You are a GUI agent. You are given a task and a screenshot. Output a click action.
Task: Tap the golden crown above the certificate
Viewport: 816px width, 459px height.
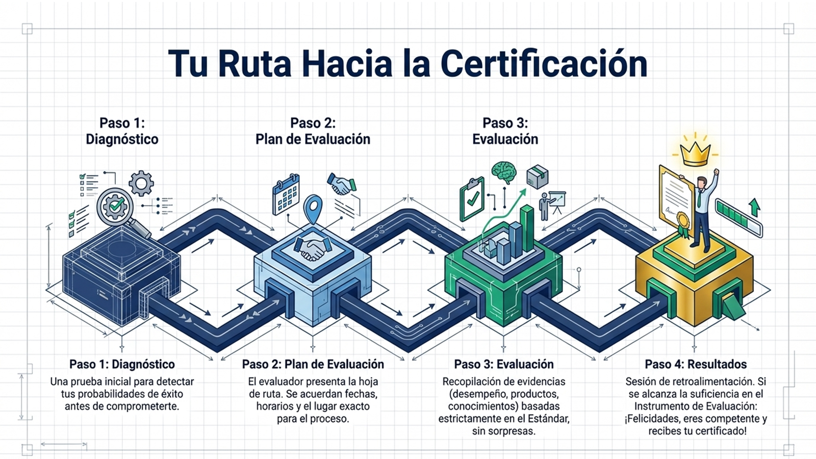[x=695, y=151]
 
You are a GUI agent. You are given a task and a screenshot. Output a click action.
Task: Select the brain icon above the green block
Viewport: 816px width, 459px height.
[x=504, y=172]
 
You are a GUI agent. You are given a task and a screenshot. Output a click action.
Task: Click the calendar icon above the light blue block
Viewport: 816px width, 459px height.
[x=286, y=194]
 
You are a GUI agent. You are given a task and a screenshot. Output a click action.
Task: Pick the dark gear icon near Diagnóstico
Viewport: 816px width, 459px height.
[x=141, y=183]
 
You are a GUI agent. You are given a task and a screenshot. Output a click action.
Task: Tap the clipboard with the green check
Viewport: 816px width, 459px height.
[x=472, y=198]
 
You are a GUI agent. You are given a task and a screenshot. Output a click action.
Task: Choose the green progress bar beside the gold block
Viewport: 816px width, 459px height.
[x=738, y=217]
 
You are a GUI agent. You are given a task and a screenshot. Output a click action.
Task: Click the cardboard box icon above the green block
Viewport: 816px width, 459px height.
[x=537, y=176]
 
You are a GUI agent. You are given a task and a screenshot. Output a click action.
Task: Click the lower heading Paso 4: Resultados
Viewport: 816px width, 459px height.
[x=696, y=364]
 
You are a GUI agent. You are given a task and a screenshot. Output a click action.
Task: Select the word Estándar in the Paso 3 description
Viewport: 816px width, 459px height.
[x=549, y=419]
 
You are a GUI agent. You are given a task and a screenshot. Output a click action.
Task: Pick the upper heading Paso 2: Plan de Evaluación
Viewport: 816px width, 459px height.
[x=313, y=131]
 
